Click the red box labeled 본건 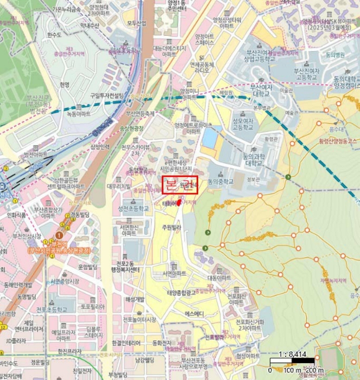click(x=180, y=185)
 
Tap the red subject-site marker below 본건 click(x=179, y=203)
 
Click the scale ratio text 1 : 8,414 click(x=292, y=354)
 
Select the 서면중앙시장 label click(x=65, y=281)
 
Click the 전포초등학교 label click(x=52, y=309)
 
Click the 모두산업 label click(x=136, y=23)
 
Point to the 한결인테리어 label click(x=127, y=343)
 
